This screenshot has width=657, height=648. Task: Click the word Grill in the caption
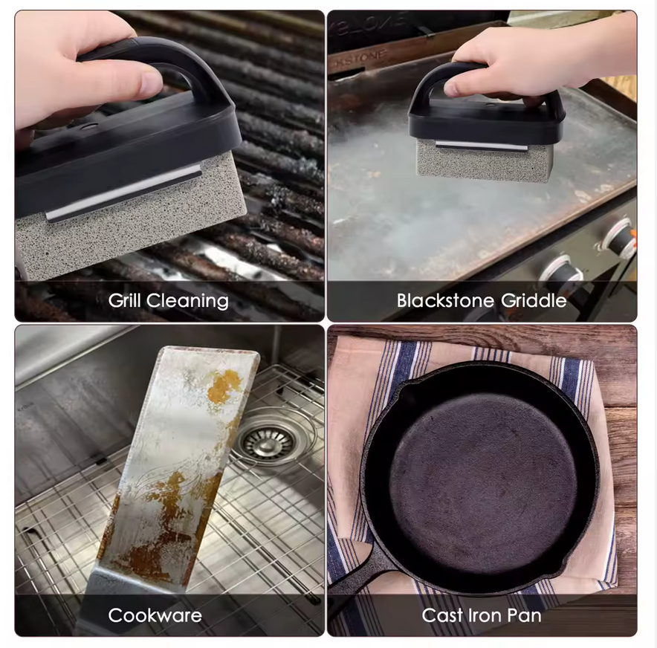125,300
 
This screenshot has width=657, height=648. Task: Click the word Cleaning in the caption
188,301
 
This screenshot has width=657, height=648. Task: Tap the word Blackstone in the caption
446,300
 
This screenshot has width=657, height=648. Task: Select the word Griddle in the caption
534,301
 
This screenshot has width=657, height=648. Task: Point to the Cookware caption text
155,615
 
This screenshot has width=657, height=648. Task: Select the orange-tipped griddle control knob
624,238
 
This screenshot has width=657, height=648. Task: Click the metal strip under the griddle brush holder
481,145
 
